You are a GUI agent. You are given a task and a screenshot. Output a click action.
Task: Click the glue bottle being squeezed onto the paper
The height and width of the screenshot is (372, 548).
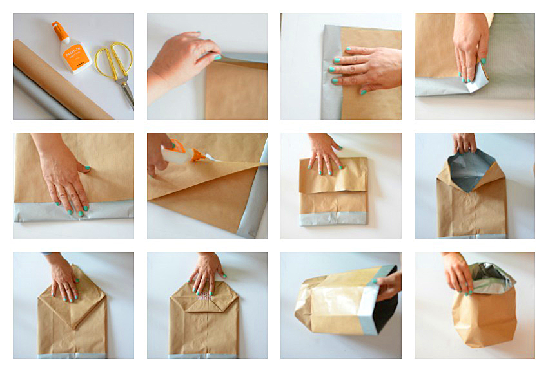(x=184, y=155)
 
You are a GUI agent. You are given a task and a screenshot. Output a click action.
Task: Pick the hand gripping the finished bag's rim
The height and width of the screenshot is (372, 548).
(x=458, y=270)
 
